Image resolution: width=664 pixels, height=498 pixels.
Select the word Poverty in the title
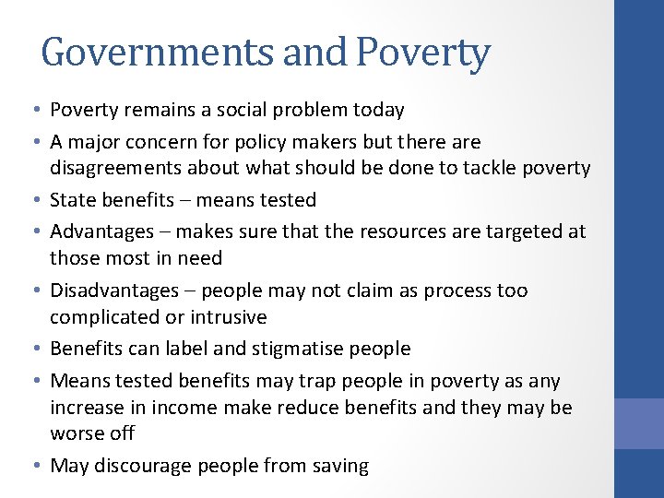(x=423, y=53)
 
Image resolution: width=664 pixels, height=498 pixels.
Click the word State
(x=73, y=200)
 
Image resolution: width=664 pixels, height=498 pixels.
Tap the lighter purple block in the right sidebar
(x=639, y=423)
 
